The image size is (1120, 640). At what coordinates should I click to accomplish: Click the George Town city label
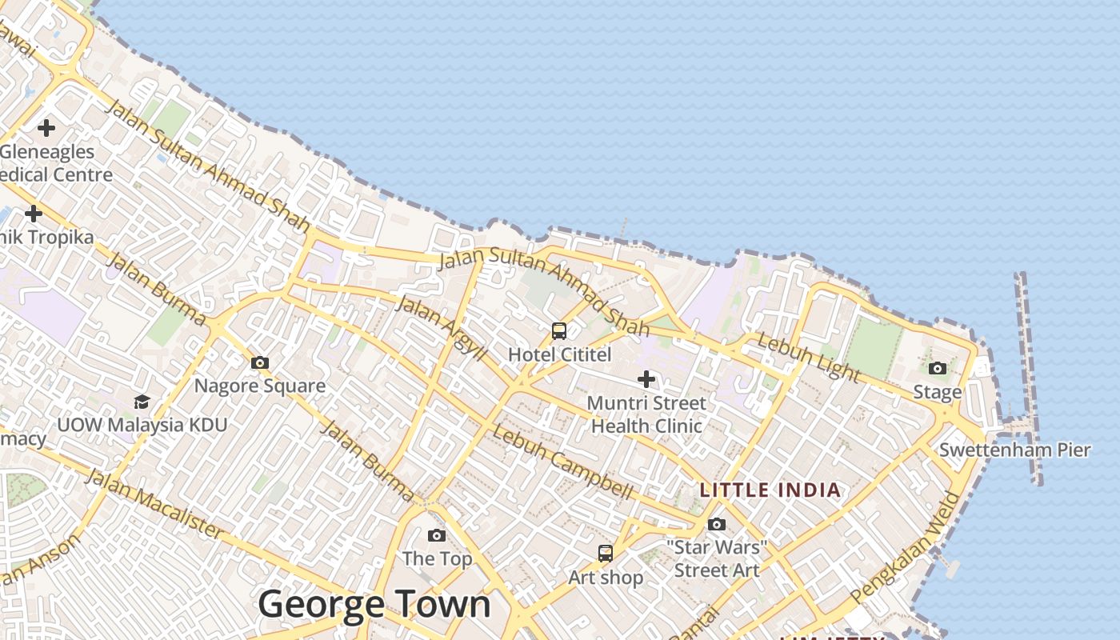[374, 604]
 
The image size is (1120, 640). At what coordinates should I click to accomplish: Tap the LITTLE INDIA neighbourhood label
[770, 490]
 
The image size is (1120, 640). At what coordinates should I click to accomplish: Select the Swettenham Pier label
[1014, 450]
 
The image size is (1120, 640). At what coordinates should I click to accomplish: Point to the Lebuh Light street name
[809, 358]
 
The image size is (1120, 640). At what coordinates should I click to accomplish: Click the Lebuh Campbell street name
[562, 462]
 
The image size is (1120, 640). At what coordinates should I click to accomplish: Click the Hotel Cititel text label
[560, 354]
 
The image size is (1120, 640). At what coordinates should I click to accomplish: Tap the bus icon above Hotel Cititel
[559, 330]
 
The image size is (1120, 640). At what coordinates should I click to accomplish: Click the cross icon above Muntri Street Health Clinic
[646, 378]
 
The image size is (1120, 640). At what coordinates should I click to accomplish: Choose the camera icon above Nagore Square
[260, 363]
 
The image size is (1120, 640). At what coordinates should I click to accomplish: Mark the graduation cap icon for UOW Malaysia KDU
[142, 402]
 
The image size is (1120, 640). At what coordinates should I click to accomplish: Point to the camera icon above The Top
[437, 535]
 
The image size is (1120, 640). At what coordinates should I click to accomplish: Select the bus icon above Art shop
[606, 553]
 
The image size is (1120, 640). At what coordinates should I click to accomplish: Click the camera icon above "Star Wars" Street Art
[717, 524]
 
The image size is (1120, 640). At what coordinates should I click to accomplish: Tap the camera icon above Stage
[938, 368]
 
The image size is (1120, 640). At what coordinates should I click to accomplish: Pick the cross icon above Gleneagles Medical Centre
[46, 127]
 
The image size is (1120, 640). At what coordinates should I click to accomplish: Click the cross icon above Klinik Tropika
[34, 214]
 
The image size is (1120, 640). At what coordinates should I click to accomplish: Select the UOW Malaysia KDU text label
[142, 425]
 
